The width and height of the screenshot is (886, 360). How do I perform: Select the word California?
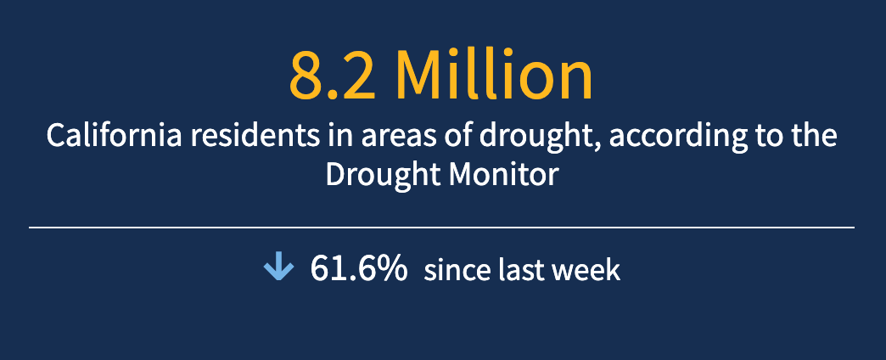[x=114, y=136]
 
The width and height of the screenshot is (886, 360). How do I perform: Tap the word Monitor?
[x=503, y=175]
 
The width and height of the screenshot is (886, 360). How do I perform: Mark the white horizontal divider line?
[x=442, y=228]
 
